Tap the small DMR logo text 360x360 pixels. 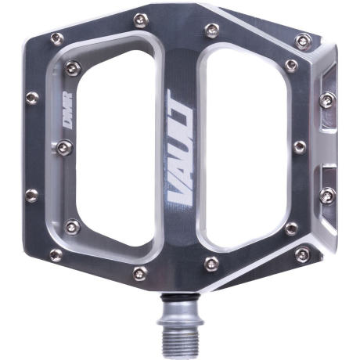[68, 110]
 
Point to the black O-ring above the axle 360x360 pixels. [180, 298]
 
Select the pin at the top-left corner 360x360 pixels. [57, 39]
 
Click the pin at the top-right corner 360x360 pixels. [302, 41]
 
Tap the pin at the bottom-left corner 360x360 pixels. [56, 255]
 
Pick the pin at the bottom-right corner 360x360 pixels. [302, 254]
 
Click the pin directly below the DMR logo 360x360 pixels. [65, 148]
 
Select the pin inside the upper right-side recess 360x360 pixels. [328, 100]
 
